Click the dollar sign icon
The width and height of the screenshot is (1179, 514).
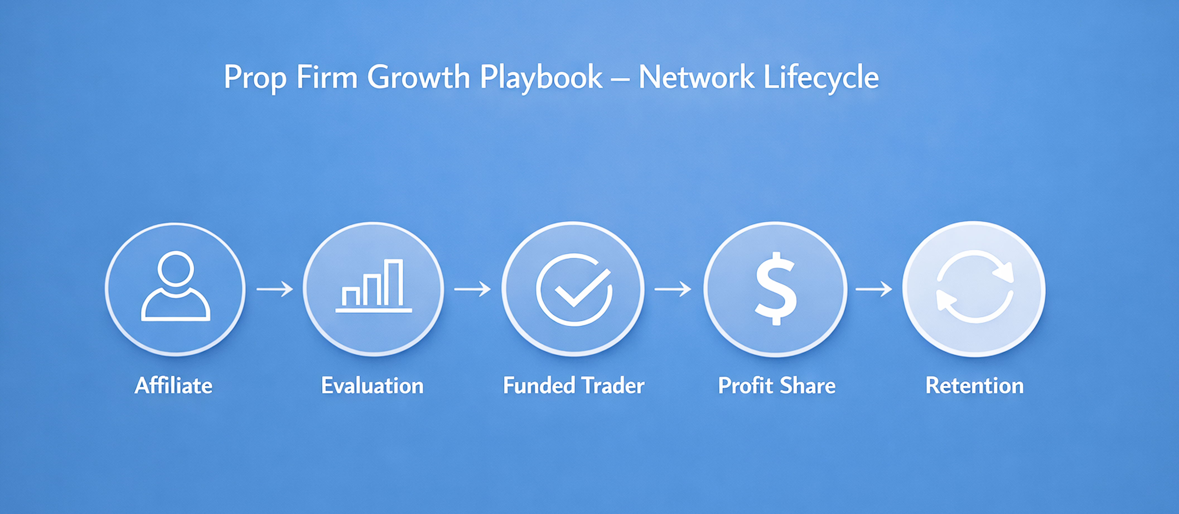pos(776,288)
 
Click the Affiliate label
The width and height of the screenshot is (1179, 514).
pos(173,385)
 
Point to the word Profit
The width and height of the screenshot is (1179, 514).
pos(745,385)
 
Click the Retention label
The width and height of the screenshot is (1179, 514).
pos(974,385)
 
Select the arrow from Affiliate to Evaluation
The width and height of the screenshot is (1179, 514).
pos(275,289)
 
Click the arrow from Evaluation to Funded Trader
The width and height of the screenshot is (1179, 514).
pos(472,289)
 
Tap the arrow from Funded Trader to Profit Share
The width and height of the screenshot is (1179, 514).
pos(673,289)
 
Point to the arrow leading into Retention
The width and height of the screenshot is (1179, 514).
pos(874,289)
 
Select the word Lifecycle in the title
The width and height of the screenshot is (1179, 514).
pos(821,77)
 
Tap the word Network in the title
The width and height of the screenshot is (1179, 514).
pos(696,77)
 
